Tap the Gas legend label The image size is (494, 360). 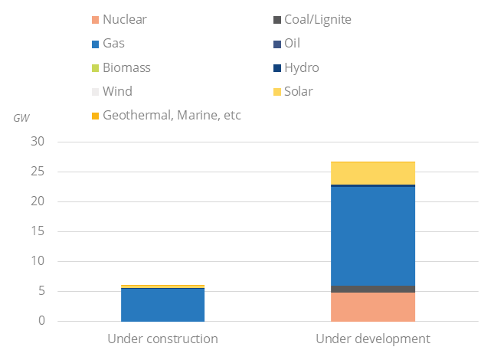115,44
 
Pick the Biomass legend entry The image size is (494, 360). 126,67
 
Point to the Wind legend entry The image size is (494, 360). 117,91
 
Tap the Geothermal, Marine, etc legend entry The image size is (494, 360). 171,116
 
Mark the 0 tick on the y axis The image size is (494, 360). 41,321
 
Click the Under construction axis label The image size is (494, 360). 162,339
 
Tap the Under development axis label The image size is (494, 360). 372,339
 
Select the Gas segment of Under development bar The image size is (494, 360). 372,236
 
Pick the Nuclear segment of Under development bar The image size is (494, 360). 372,306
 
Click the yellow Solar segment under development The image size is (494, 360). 372,173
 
